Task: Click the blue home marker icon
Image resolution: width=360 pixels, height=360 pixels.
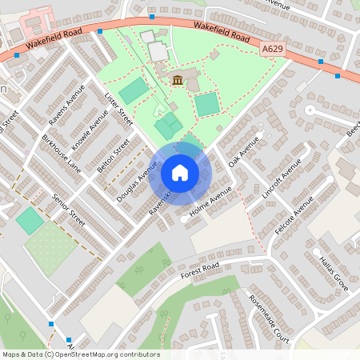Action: pyautogui.click(x=180, y=173)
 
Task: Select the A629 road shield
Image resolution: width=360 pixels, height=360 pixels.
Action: pyautogui.click(x=272, y=50)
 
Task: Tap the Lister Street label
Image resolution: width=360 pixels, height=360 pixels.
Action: pyautogui.click(x=118, y=108)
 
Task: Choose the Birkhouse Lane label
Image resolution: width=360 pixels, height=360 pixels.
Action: pyautogui.click(x=62, y=154)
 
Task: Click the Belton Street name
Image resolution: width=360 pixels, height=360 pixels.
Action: pyautogui.click(x=113, y=156)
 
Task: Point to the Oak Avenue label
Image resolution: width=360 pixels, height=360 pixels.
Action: pyautogui.click(x=245, y=152)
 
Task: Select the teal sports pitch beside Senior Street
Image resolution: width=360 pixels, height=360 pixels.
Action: pyautogui.click(x=30, y=221)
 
